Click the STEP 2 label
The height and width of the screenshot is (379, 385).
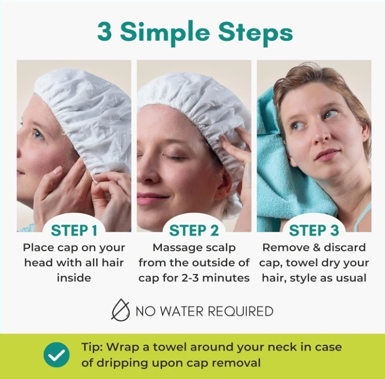click(x=194, y=231)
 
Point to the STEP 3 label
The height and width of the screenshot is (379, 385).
click(x=314, y=231)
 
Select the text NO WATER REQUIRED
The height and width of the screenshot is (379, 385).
click(x=204, y=311)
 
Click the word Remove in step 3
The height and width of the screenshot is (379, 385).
click(x=283, y=247)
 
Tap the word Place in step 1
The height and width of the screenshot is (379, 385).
click(x=38, y=247)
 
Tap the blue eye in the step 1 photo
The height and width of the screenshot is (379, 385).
click(x=38, y=134)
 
